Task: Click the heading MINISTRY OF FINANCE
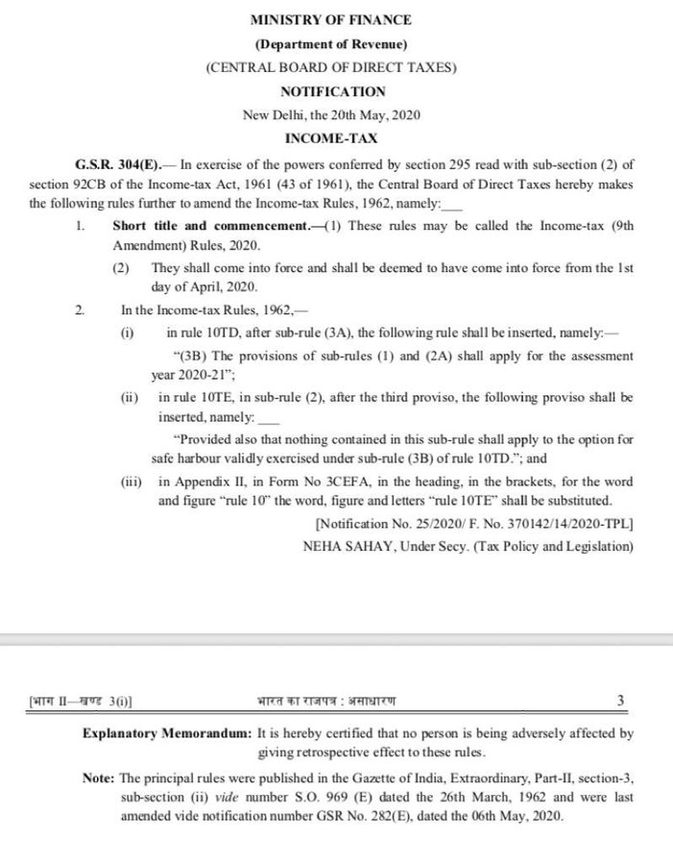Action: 331,19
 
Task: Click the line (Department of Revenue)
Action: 331,44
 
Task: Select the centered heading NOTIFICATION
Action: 332,92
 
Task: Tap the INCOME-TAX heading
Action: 332,139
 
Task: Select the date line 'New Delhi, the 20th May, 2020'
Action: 332,115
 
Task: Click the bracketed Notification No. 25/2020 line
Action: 473,524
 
